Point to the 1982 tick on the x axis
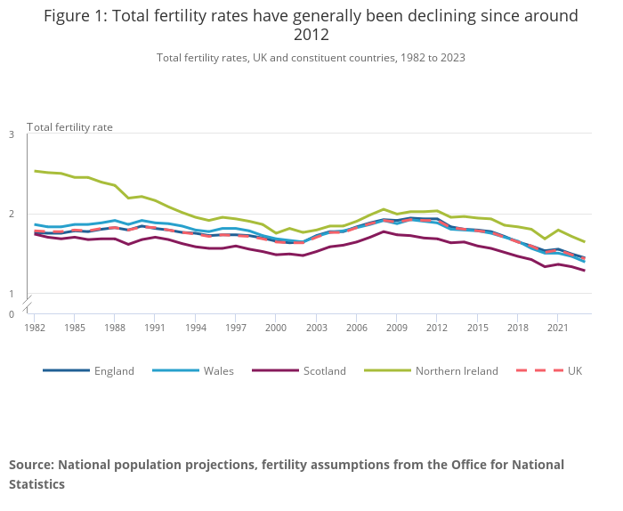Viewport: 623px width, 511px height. point(35,328)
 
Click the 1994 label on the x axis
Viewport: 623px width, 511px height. point(195,328)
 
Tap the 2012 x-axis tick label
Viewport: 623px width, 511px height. point(437,328)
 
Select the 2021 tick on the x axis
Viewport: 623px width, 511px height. point(557,328)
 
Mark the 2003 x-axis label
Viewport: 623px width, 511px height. point(316,328)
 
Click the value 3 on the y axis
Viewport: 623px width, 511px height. point(12,134)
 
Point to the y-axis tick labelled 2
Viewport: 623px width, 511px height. point(12,215)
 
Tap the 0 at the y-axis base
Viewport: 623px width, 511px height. point(12,314)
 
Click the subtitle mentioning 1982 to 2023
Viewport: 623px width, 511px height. point(311,58)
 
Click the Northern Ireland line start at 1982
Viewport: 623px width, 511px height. point(35,171)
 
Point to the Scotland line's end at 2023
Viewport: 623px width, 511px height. point(584,271)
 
